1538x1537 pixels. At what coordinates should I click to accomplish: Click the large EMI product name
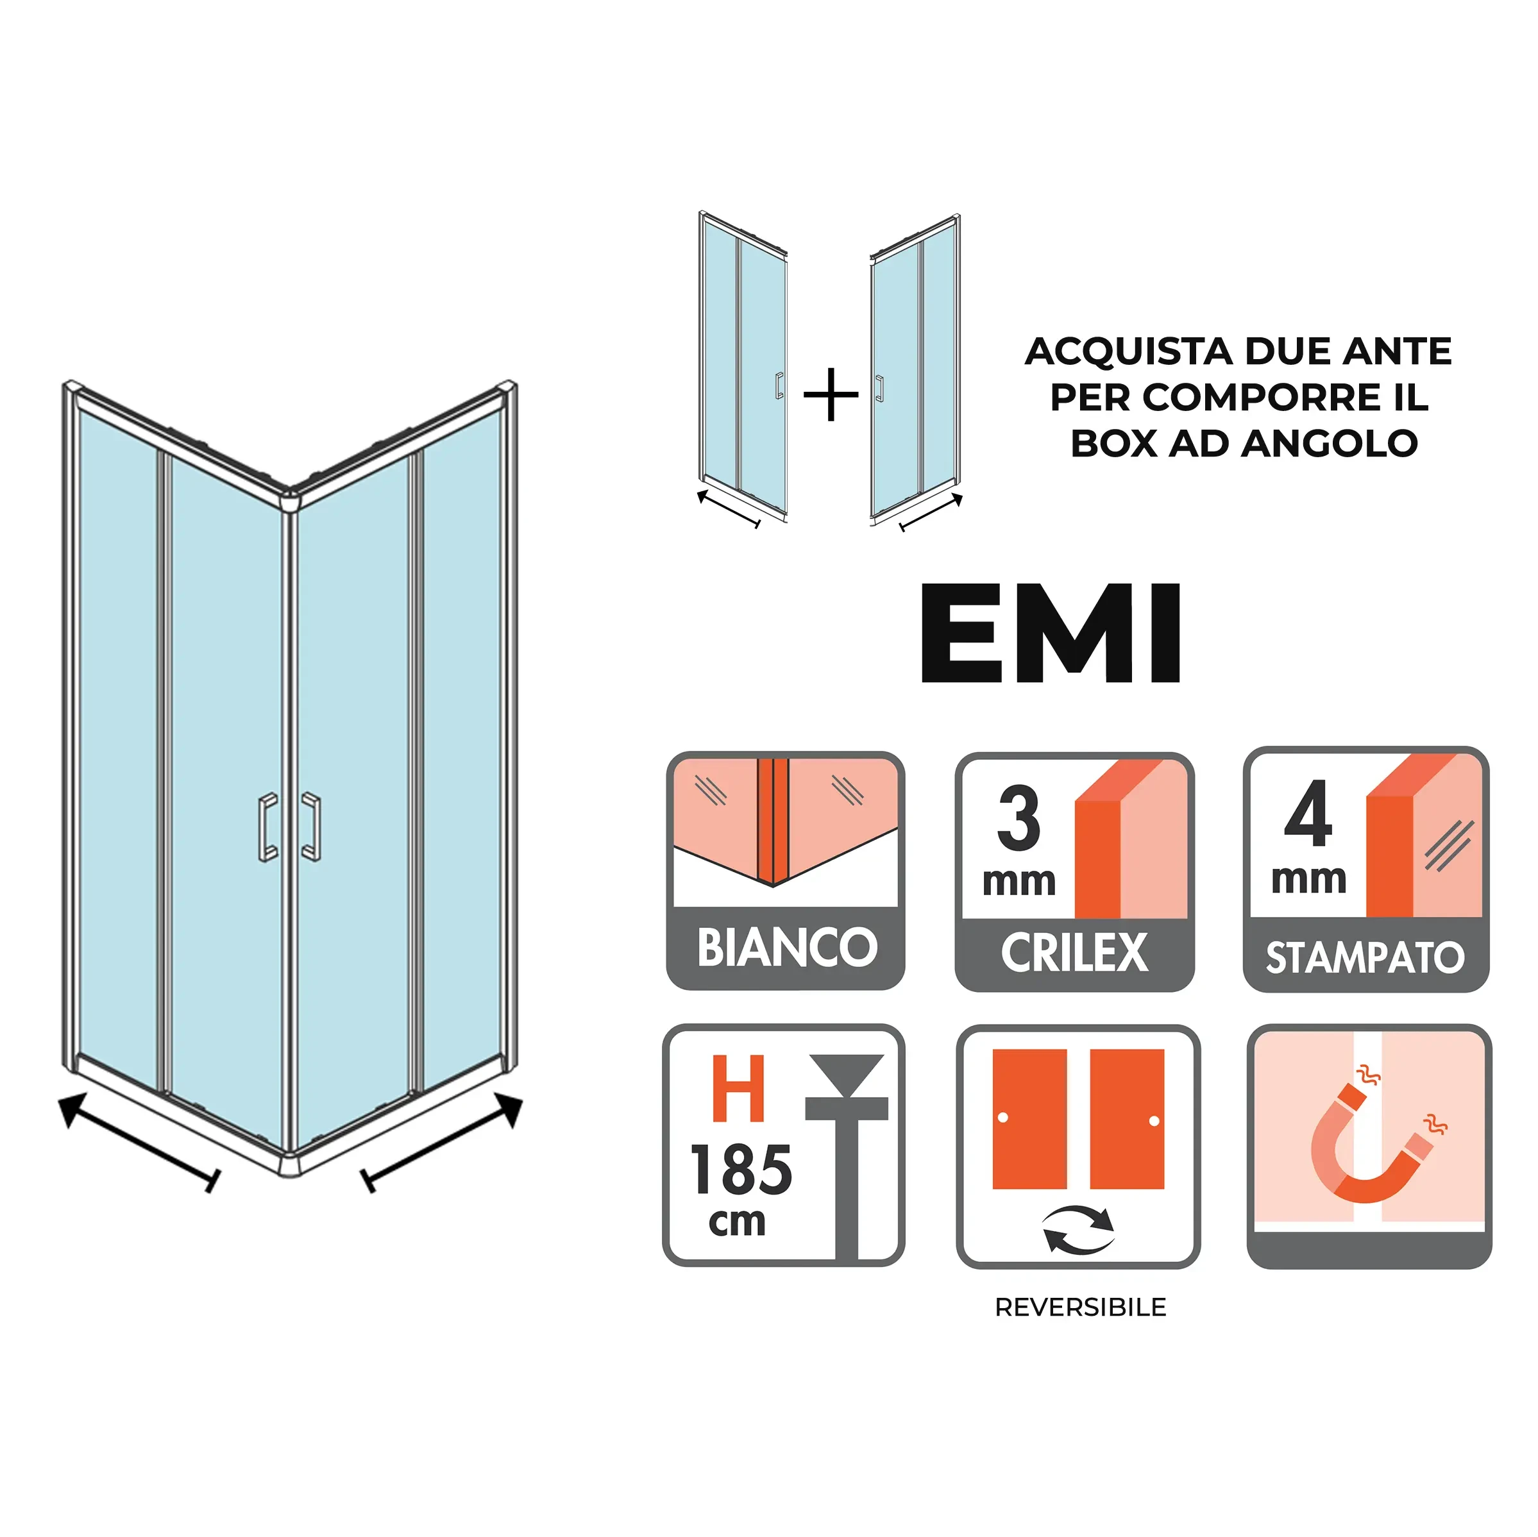coord(1050,633)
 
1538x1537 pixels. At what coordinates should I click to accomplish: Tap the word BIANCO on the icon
coord(786,947)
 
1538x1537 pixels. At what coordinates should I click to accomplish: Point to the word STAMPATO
coord(1364,957)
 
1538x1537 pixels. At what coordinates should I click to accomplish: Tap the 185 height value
coord(740,1170)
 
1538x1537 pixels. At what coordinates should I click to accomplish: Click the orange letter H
coord(738,1088)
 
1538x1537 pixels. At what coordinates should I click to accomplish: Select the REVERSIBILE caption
coord(1080,1307)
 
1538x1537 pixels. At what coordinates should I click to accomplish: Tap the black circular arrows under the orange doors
coord(1079,1230)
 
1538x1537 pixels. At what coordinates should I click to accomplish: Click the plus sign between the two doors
coord(831,394)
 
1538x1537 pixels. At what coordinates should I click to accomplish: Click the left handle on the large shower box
coord(268,827)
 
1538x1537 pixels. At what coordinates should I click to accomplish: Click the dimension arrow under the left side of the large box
coord(139,1142)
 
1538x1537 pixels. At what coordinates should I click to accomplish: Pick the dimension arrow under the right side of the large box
coord(442,1142)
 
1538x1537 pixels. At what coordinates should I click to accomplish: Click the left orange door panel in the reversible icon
coord(1029,1118)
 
